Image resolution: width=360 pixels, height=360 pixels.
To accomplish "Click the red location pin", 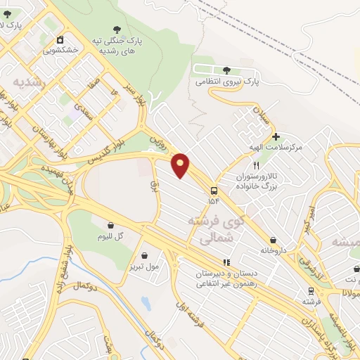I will coord(181,165).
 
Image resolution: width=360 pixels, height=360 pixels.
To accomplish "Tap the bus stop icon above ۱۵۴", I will coord(213,190).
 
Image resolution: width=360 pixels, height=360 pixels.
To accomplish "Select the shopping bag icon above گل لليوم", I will coord(110,226).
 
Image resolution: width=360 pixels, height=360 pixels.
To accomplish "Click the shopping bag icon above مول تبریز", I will coord(145,256).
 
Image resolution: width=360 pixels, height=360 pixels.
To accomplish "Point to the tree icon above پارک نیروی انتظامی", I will coord(226,70).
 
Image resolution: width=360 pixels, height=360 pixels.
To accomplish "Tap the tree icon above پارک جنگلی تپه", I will coord(115,30).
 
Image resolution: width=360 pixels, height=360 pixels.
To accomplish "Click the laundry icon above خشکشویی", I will coord(60,39).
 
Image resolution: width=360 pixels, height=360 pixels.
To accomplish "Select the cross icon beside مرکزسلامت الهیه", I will coord(276,136).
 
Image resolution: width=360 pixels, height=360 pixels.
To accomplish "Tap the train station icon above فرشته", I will coord(310,290).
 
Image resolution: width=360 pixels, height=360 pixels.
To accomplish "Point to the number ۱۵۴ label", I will coord(214,201).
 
